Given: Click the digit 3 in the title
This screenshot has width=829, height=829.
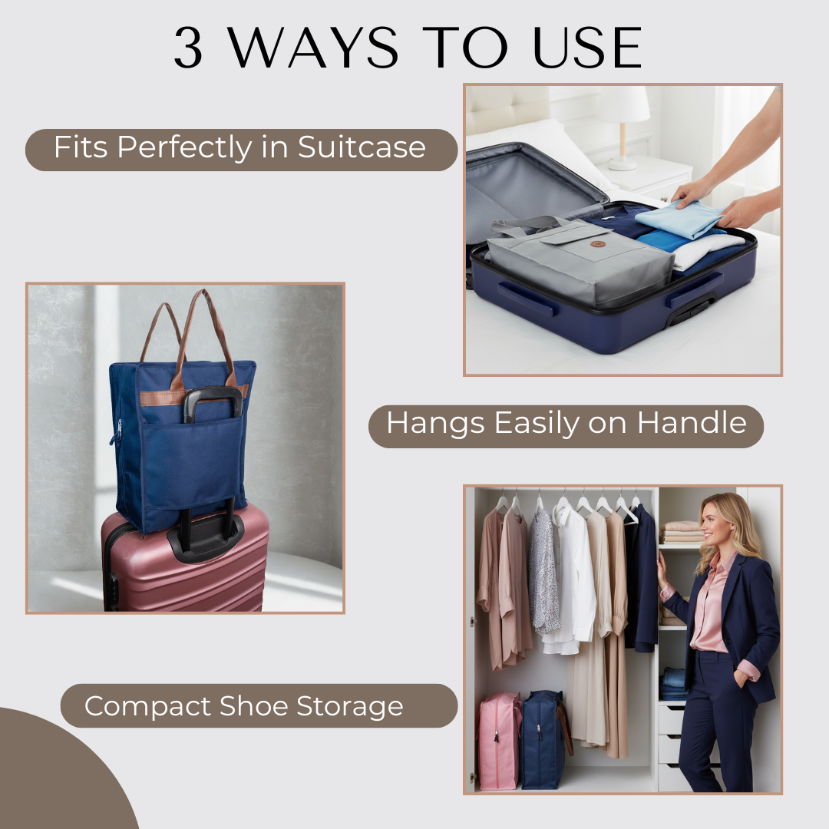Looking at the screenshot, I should (190, 49).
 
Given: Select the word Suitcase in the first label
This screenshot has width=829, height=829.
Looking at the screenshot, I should (362, 147).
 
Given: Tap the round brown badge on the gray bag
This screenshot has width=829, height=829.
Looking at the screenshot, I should (598, 244).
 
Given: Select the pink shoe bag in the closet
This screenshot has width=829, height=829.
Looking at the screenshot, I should (499, 740).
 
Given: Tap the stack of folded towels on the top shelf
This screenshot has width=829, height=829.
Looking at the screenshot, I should (682, 531).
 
